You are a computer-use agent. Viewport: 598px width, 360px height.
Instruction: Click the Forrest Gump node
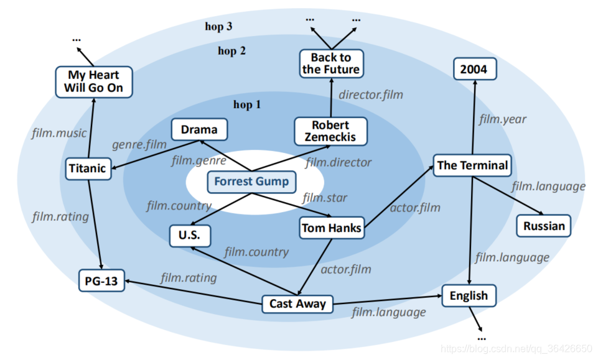click(251, 182)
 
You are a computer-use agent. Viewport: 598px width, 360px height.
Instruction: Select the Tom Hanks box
click(331, 228)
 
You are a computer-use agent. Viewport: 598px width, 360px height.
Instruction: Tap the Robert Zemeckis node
click(330, 131)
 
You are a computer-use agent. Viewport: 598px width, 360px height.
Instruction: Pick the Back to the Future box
click(330, 63)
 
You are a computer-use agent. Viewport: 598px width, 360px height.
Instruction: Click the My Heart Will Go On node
click(93, 81)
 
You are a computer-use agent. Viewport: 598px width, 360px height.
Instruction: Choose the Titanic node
click(88, 168)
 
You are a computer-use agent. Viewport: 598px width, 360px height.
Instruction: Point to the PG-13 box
click(101, 281)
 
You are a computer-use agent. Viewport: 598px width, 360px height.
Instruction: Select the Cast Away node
click(297, 304)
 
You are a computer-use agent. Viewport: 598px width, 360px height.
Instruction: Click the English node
click(469, 295)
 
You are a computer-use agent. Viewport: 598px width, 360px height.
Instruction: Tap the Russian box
click(543, 226)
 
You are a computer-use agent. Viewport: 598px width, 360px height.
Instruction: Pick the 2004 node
click(474, 70)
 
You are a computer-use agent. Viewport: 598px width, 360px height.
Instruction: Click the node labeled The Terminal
click(472, 165)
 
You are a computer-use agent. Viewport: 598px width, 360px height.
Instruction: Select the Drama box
click(199, 130)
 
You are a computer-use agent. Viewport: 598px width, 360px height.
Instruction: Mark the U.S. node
click(190, 236)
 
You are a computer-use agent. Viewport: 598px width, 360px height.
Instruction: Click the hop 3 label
click(218, 26)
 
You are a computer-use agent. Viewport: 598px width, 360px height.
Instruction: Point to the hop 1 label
click(246, 104)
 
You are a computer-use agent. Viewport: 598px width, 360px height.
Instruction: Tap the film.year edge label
click(502, 119)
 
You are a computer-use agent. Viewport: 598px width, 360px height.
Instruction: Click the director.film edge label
click(371, 95)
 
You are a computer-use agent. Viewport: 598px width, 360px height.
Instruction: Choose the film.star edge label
click(325, 198)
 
